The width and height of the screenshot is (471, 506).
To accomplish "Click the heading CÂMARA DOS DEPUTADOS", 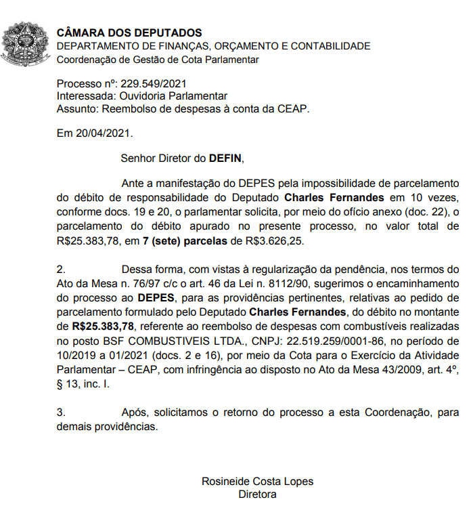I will (x=129, y=33).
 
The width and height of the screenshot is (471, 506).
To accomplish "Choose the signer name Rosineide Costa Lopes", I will (x=257, y=482).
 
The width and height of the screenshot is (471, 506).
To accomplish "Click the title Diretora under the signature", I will (x=257, y=494).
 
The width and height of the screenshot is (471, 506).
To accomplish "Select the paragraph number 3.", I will (x=60, y=413).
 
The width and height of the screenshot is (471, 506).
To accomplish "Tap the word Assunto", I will (x=75, y=108).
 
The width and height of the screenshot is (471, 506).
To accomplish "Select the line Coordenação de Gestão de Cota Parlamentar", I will (x=158, y=60).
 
